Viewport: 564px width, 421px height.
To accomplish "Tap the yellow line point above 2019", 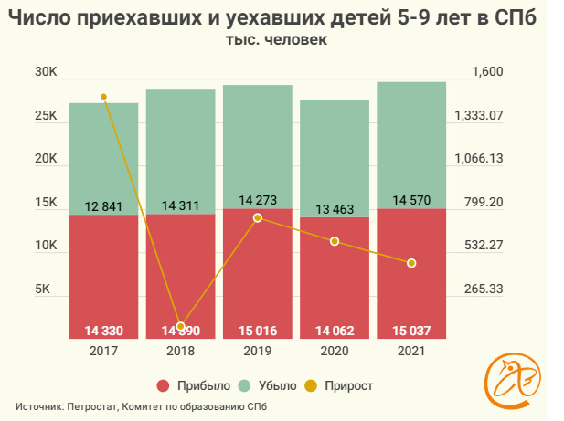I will pyautogui.click(x=258, y=218).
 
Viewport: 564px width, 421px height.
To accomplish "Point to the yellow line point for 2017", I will pyautogui.click(x=103, y=97).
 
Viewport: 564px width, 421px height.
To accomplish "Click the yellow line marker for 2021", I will pyautogui.click(x=412, y=263).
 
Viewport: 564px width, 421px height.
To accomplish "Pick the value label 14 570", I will pyautogui.click(x=411, y=200).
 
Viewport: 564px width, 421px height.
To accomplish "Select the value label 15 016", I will pyautogui.click(x=257, y=331).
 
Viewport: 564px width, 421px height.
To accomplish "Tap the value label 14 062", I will pyautogui.click(x=335, y=331).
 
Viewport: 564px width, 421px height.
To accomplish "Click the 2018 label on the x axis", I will pyautogui.click(x=180, y=350).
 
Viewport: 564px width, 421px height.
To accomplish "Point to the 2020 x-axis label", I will pyautogui.click(x=335, y=350).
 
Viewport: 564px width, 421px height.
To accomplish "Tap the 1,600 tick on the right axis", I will pyautogui.click(x=488, y=73).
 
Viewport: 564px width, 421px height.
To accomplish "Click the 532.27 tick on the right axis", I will pyautogui.click(x=484, y=246).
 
